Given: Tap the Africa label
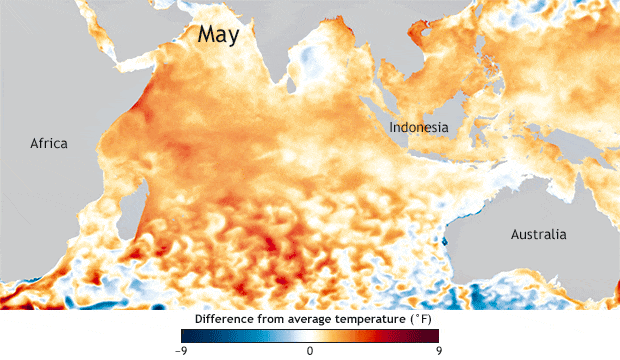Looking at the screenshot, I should point(48,143).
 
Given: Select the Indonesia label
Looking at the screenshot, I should point(418,128).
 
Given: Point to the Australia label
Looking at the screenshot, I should point(538,235).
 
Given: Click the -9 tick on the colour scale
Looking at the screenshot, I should point(182,351).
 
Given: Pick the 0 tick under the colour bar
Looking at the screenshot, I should point(310,351).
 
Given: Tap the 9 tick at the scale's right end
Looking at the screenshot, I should point(437,351).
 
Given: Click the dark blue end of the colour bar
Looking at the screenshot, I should point(187,336).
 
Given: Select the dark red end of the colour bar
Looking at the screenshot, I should point(433,336).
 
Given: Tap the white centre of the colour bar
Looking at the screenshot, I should point(310,336).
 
